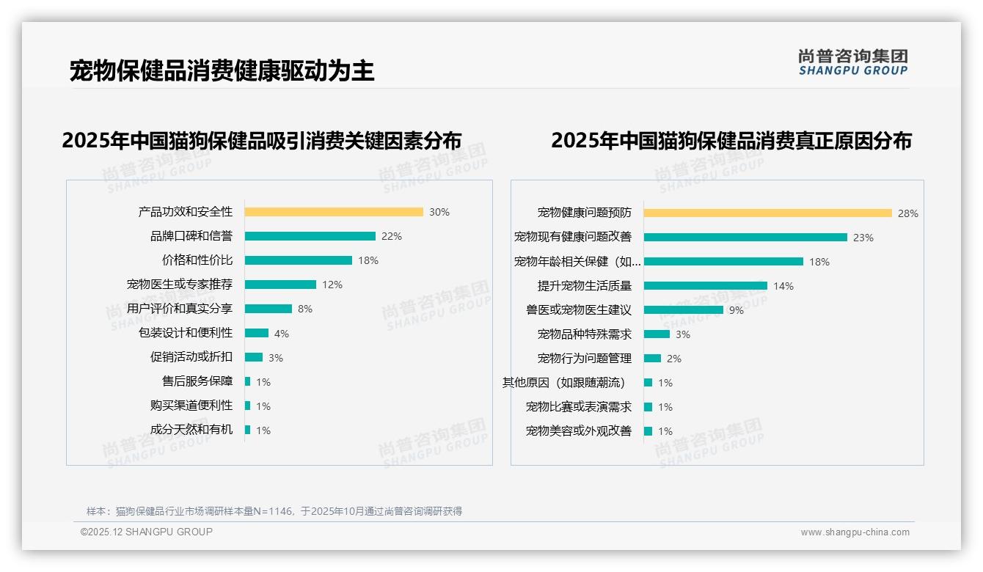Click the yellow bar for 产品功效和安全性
click(x=334, y=212)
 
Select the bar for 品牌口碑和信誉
click(x=310, y=236)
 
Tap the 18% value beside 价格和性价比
click(x=368, y=260)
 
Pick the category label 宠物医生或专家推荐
click(x=180, y=284)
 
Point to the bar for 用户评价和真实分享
click(x=268, y=309)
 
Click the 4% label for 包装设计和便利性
click(x=282, y=334)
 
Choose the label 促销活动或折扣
click(x=191, y=357)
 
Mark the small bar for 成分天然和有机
click(x=248, y=430)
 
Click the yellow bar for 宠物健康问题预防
click(x=767, y=213)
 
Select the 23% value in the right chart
click(x=863, y=238)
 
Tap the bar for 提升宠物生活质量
click(x=705, y=286)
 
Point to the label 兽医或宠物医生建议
click(x=579, y=310)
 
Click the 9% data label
click(x=736, y=310)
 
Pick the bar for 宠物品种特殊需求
click(x=657, y=334)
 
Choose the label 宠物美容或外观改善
click(x=579, y=431)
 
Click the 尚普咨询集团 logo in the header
click(x=853, y=62)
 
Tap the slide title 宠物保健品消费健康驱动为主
click(x=222, y=70)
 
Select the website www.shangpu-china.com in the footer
click(x=855, y=532)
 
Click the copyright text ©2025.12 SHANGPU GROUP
click(x=147, y=532)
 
